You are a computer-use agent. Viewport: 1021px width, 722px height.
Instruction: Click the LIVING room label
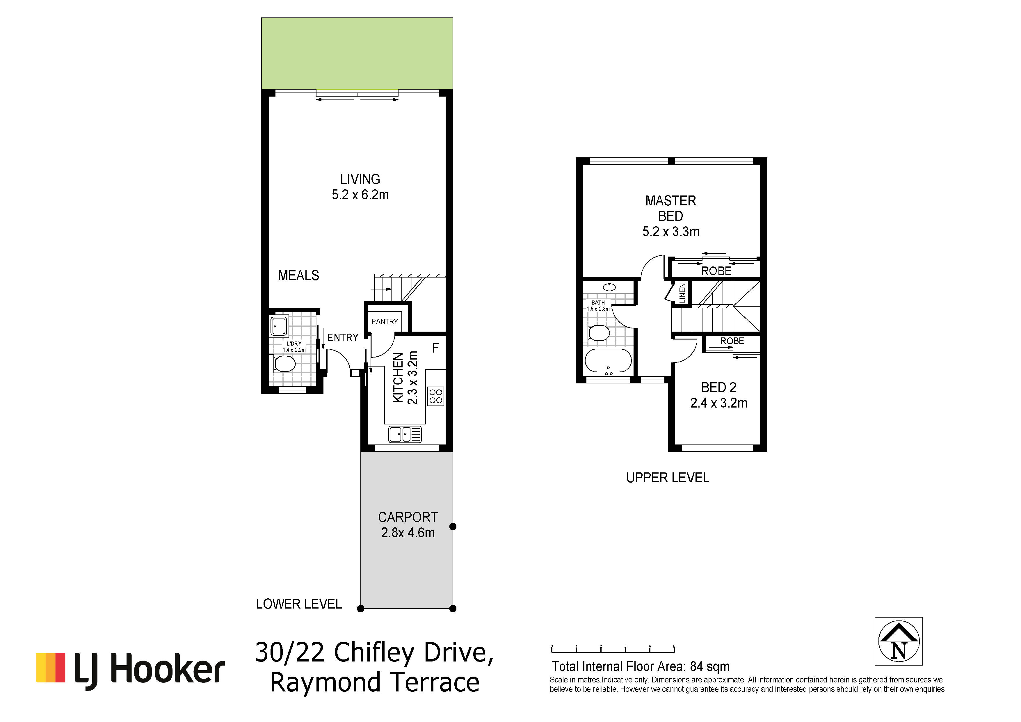tap(360, 179)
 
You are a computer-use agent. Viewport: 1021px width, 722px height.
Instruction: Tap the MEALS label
tap(298, 276)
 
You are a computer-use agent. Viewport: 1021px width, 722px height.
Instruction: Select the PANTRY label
tap(385, 321)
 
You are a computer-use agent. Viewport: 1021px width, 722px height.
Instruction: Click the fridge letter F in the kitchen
tap(435, 348)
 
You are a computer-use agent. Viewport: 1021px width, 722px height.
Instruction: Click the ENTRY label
tap(343, 337)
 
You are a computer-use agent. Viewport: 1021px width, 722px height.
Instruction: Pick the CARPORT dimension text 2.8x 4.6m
tap(408, 533)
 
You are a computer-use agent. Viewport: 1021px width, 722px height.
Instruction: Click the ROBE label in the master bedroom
tap(716, 271)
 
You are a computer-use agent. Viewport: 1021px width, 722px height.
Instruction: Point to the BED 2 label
tap(718, 388)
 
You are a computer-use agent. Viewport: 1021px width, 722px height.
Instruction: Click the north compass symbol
tap(899, 641)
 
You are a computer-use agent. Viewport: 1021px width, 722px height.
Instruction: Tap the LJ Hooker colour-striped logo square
tap(50, 667)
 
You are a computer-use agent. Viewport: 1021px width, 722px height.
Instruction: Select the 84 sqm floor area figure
tap(710, 666)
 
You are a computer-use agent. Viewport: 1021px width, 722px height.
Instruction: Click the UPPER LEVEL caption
tap(668, 478)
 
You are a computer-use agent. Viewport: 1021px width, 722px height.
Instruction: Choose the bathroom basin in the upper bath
tap(609, 287)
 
